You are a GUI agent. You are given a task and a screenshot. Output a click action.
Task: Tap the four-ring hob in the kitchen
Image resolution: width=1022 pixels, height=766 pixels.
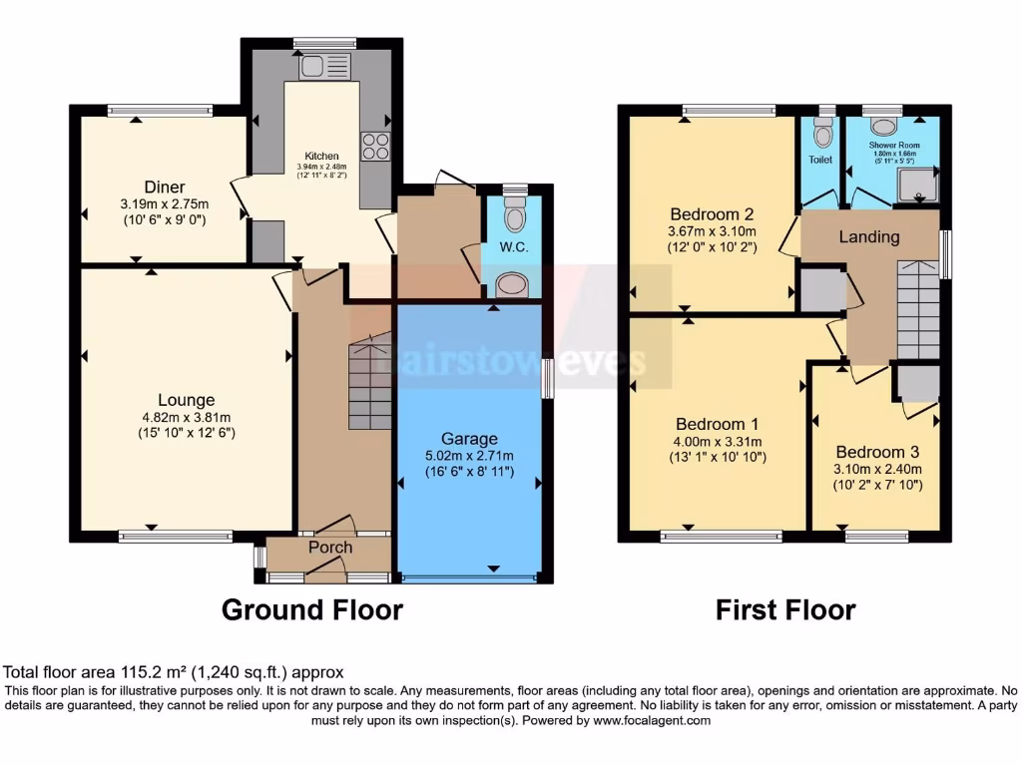(x=376, y=147)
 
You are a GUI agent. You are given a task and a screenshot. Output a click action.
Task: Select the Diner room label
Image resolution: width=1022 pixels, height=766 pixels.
(x=164, y=187)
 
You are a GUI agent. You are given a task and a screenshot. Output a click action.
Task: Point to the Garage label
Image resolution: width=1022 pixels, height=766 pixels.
(x=469, y=439)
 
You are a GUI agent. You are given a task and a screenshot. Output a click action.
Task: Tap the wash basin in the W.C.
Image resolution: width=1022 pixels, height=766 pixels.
(x=513, y=285)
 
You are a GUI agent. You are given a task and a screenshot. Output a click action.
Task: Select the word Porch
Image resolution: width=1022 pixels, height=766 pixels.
(x=329, y=548)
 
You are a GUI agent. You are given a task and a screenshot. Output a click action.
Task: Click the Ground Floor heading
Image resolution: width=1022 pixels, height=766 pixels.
(x=311, y=609)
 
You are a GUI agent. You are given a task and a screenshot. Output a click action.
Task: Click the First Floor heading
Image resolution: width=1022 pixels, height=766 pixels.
(x=785, y=609)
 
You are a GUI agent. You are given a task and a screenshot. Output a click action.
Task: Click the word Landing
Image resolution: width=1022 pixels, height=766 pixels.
(x=868, y=237)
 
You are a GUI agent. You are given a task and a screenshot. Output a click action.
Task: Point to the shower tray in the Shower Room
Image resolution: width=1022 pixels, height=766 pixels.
(x=912, y=185)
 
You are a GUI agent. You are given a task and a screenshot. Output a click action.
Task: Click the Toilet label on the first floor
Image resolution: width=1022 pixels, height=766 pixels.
(x=820, y=159)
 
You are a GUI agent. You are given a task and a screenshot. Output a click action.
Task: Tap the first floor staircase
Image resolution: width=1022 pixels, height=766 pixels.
(x=918, y=309)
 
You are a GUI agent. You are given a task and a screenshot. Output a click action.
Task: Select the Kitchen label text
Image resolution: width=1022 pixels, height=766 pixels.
(x=321, y=157)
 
